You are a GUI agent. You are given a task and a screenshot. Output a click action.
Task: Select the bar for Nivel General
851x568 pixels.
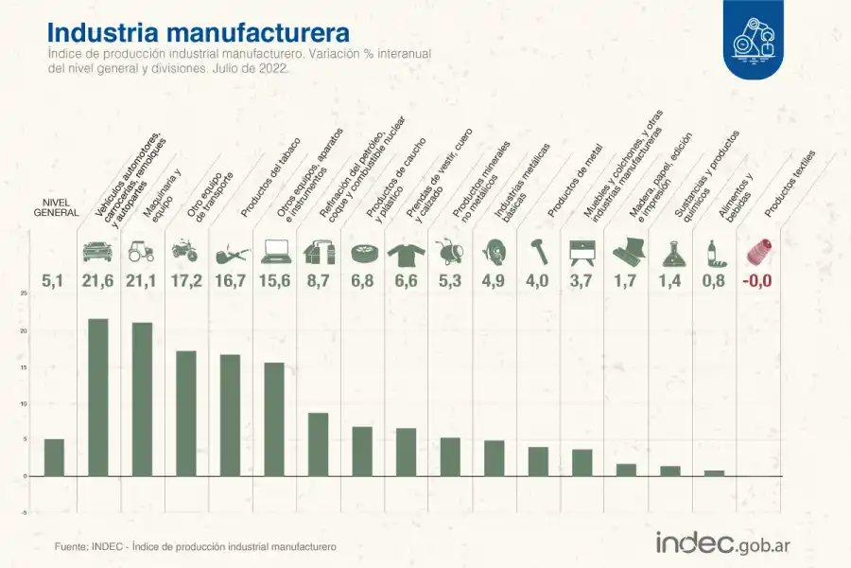pos(54,457)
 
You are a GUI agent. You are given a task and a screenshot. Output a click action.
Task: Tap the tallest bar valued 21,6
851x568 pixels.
pos(98,397)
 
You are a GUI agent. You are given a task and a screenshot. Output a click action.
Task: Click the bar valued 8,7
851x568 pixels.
pos(319,444)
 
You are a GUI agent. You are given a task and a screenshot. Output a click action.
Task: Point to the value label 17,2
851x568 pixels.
pos(185,280)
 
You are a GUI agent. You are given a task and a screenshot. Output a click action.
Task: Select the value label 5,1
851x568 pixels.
pos(54,280)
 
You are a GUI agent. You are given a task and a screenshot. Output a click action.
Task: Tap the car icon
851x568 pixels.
pos(97,252)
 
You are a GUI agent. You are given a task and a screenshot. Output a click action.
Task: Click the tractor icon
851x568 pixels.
pos(141,252)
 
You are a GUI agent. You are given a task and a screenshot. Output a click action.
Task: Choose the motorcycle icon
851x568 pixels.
pos(184,252)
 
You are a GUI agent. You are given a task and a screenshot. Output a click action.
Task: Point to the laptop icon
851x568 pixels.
pos(275,252)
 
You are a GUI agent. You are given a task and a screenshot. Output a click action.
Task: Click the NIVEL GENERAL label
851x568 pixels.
pos(55,208)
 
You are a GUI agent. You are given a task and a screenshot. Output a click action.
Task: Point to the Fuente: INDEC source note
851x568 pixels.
pos(195,547)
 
